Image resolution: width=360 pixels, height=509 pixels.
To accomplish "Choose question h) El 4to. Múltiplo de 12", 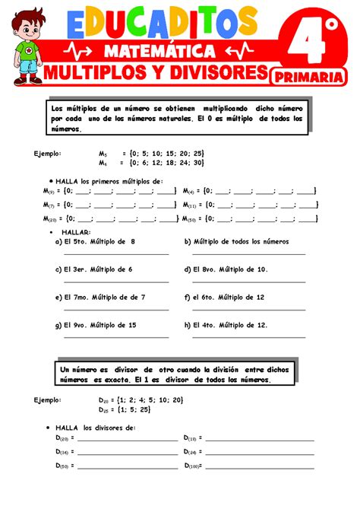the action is (x=226, y=325).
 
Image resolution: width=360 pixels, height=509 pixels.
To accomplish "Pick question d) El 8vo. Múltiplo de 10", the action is (x=226, y=269).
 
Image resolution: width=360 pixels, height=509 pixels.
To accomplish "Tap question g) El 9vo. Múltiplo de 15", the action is (x=96, y=325).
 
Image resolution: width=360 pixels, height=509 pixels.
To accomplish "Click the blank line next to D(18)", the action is (x=259, y=439).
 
